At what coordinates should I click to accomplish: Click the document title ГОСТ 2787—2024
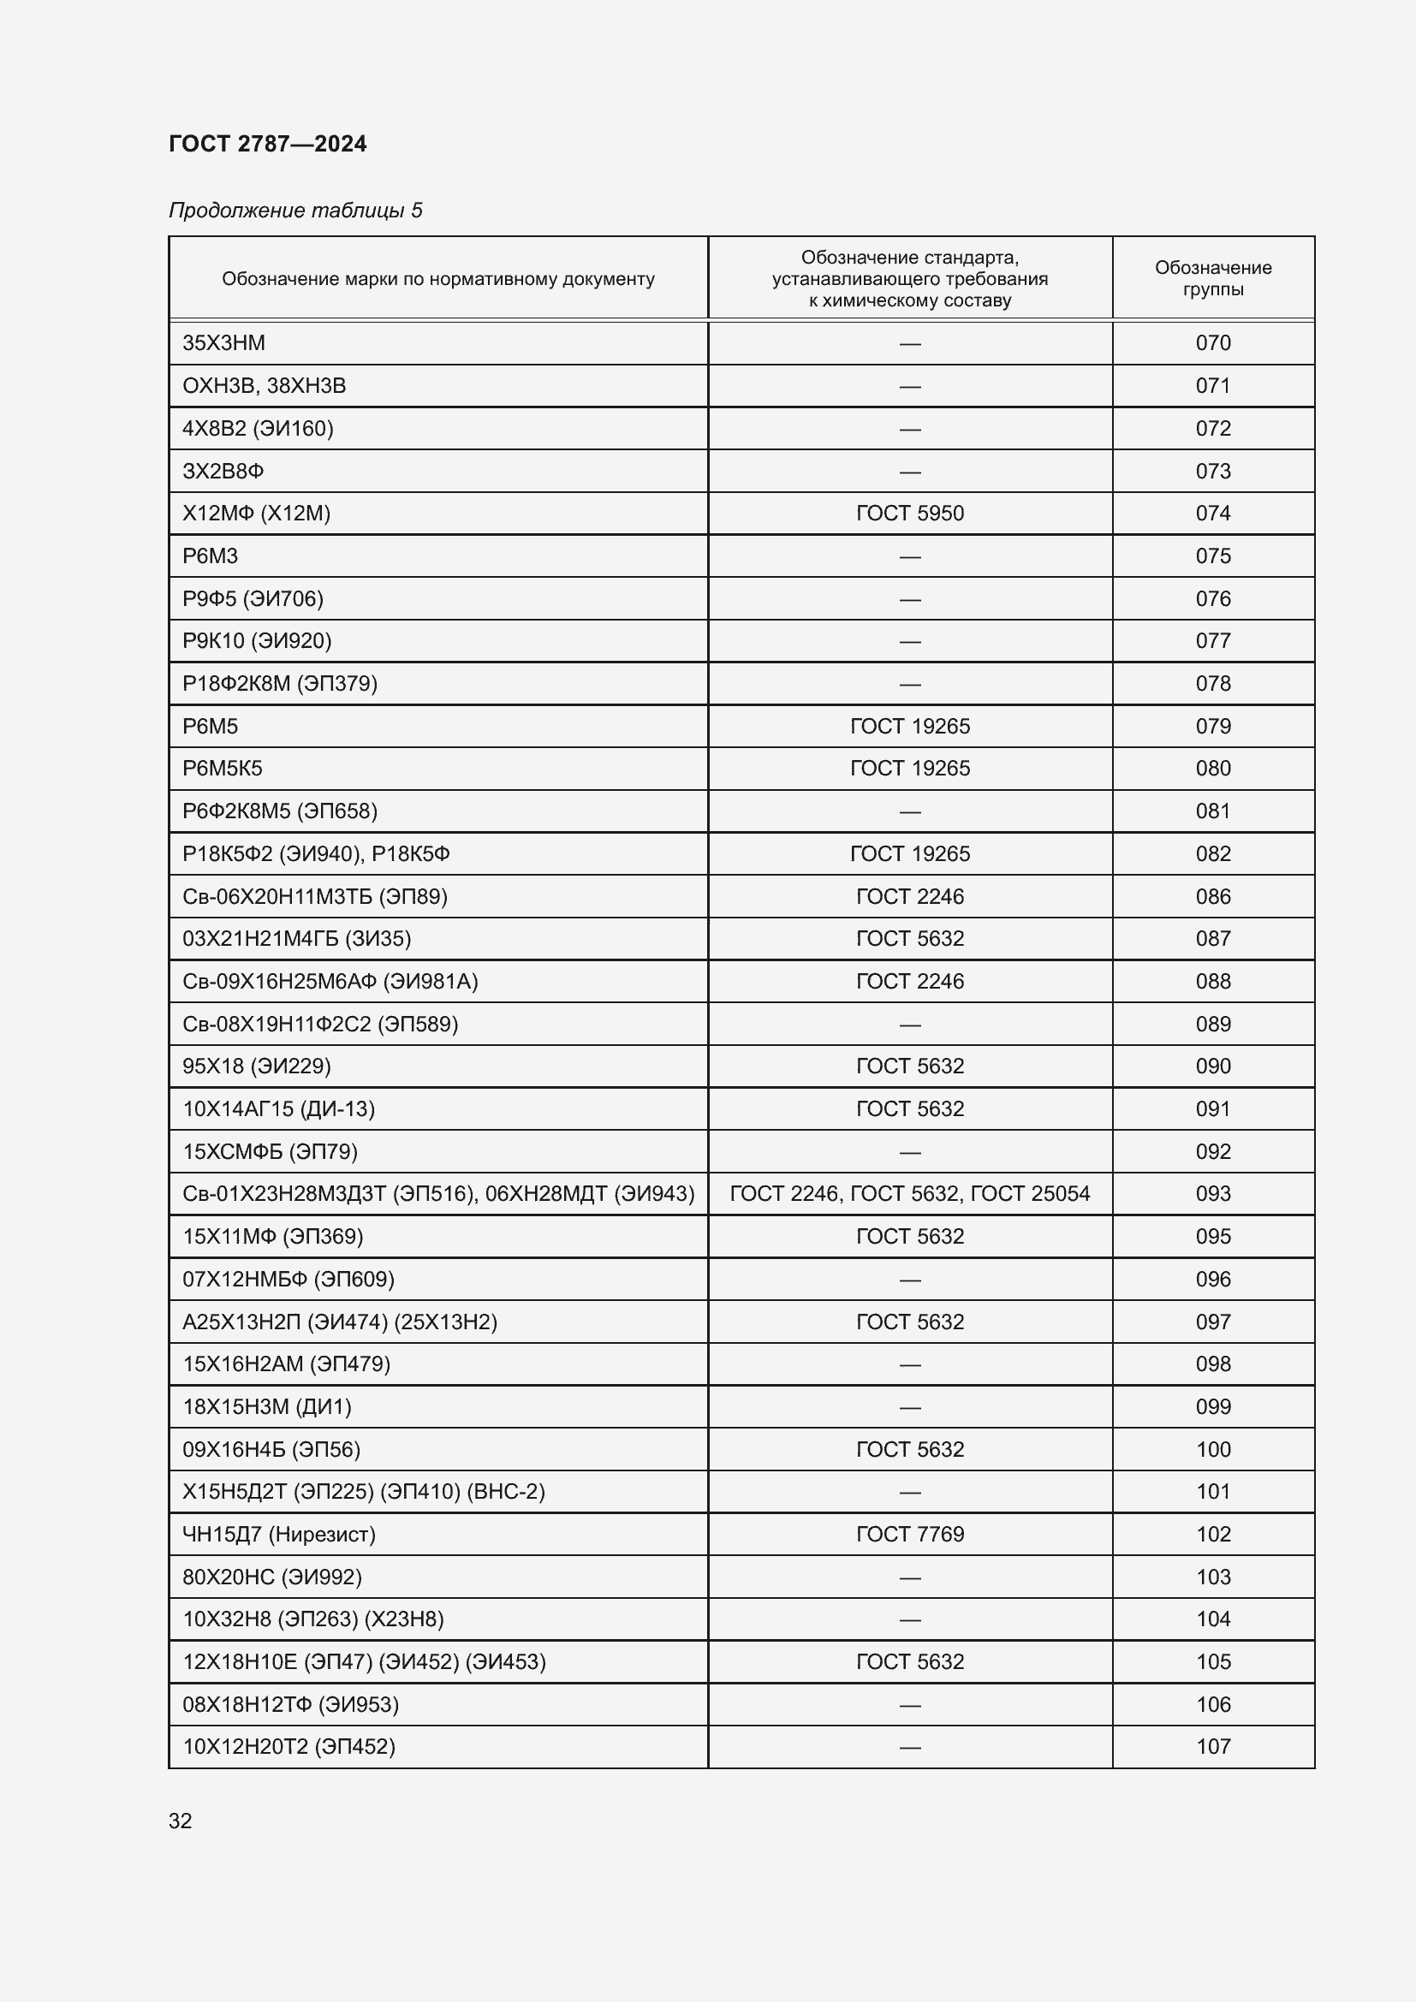(268, 144)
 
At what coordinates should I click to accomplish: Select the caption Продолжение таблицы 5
(295, 211)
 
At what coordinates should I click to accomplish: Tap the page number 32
(181, 1821)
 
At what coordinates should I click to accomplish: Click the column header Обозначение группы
(1212, 278)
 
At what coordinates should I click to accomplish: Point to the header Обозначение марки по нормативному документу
(437, 279)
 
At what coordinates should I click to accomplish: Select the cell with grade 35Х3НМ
(224, 342)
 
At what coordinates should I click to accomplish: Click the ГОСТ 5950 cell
(909, 513)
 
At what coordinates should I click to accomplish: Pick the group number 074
(1212, 513)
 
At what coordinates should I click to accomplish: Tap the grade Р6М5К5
(223, 768)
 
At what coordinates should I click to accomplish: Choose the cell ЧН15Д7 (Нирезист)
(279, 1534)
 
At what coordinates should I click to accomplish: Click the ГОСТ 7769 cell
(909, 1534)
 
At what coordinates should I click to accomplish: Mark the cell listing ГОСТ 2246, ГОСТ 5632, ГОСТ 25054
(909, 1194)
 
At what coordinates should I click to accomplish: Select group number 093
(1212, 1194)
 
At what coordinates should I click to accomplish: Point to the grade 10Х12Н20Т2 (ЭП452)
(289, 1747)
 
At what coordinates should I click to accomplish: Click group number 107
(1212, 1747)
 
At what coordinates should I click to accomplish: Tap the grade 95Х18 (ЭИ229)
(256, 1066)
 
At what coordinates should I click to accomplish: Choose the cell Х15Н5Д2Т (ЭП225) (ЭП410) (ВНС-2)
(364, 1491)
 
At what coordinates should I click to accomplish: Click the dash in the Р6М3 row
(909, 556)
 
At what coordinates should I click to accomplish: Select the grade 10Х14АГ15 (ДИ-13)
(278, 1108)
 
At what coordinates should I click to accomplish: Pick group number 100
(1212, 1449)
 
